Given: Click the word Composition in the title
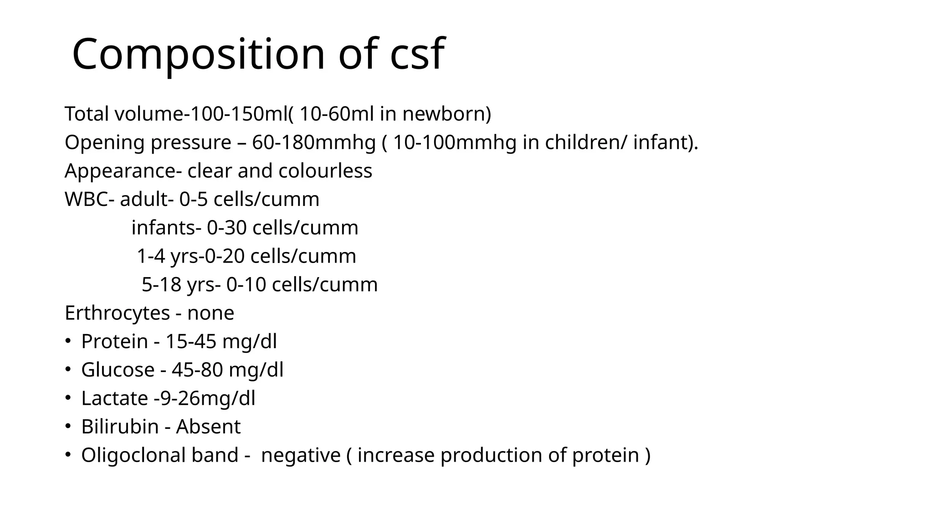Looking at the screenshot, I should tap(199, 54).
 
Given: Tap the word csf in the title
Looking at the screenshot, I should tap(417, 54).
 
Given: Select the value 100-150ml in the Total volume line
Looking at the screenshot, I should tap(238, 114).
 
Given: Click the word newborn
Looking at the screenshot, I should tap(446, 114).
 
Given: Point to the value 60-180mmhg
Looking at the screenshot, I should tap(314, 143).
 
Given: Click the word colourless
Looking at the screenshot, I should tap(325, 171).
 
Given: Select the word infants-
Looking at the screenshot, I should tap(166, 228).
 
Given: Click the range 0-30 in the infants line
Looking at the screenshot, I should tap(227, 228).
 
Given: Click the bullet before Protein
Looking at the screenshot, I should tap(67, 341).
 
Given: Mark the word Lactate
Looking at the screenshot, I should tap(115, 398).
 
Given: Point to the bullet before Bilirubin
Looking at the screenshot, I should tap(67, 427).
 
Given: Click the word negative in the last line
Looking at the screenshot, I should tap(301, 455).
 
